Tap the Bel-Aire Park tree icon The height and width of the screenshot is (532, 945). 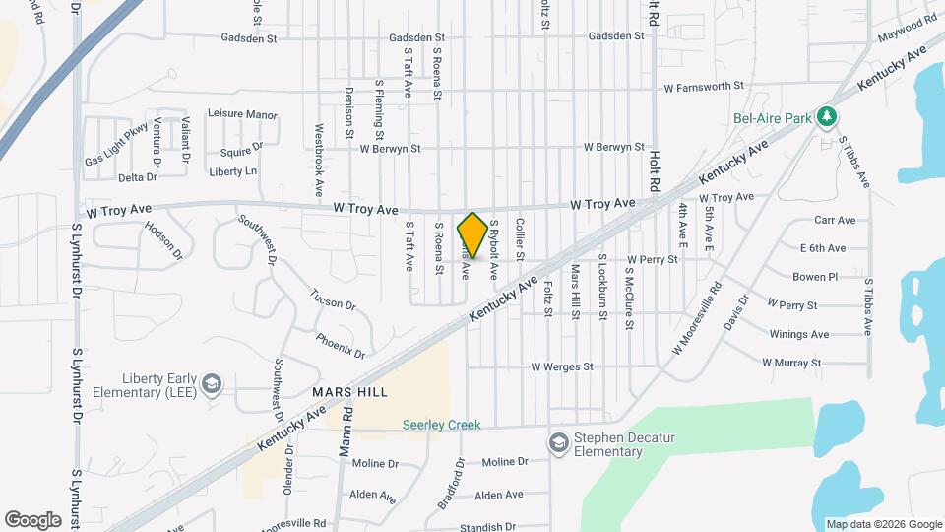coord(828,118)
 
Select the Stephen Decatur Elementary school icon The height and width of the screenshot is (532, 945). coord(559,440)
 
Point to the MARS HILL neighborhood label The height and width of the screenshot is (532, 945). coord(346,391)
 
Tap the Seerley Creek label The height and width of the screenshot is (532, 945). coord(441,425)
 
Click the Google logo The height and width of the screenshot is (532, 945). coord(32,519)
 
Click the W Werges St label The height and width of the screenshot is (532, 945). coord(562,366)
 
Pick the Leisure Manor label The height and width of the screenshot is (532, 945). coord(242,115)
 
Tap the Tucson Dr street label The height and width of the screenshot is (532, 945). coord(333,299)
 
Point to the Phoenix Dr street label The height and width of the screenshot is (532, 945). coord(341,345)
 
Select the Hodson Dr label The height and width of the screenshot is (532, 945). coord(163,239)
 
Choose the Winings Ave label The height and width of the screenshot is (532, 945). coord(799,334)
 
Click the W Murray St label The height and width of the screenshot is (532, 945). coord(791,363)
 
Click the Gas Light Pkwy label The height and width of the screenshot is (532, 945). coord(116,145)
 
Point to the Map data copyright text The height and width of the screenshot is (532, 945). coord(883,524)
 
